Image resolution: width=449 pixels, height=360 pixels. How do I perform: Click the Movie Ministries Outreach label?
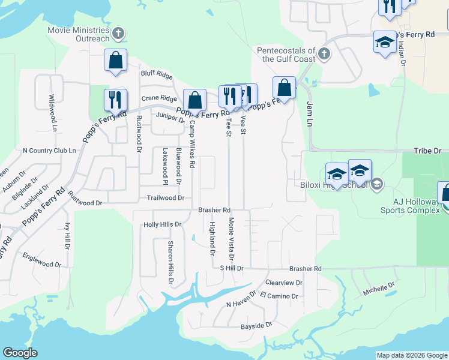click(79, 34)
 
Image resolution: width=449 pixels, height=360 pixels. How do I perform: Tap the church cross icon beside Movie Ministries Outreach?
click(118, 34)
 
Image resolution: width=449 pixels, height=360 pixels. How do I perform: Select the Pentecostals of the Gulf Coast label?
click(286, 55)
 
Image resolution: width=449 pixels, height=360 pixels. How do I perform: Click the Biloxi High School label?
click(333, 184)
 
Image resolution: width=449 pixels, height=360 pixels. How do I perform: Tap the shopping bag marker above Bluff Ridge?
click(115, 61)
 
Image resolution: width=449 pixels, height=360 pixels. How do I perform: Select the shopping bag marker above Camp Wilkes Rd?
click(194, 101)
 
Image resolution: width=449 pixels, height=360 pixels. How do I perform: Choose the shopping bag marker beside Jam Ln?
click(285, 88)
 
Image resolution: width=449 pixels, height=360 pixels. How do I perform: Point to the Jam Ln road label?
click(310, 113)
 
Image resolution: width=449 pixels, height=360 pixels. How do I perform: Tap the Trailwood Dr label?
click(165, 197)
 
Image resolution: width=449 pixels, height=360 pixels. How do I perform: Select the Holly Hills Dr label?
click(162, 224)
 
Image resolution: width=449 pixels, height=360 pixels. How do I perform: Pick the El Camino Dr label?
click(279, 296)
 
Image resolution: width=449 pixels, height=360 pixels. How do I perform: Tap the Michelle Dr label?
click(378, 289)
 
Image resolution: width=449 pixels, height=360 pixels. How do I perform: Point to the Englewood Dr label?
click(42, 260)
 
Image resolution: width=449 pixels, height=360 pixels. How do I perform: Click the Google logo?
click(20, 353)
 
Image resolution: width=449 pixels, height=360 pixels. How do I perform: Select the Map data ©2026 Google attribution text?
click(411, 355)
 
